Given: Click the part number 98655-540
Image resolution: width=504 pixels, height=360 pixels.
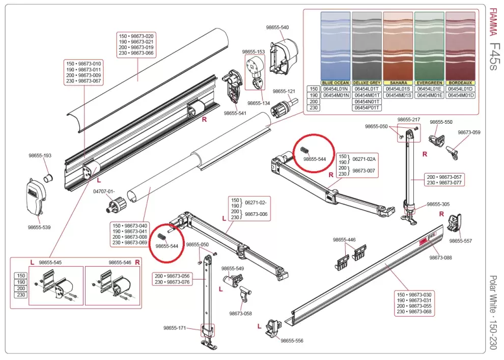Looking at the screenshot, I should click(277, 27).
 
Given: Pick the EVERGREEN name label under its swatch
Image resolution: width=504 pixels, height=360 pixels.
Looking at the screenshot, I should click(429, 82).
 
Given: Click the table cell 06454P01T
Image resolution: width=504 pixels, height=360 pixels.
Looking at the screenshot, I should click(367, 107).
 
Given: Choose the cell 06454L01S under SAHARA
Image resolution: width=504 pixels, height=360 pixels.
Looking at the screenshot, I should click(398, 89).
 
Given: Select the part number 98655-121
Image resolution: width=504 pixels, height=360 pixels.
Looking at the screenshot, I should click(284, 91).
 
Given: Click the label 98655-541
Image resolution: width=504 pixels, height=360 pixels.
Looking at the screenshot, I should click(235, 113).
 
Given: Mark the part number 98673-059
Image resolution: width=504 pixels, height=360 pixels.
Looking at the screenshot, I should click(468, 132).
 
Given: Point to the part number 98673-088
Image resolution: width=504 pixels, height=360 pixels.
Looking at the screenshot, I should click(440, 258).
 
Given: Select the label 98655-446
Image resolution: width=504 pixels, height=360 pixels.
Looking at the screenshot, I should click(344, 239).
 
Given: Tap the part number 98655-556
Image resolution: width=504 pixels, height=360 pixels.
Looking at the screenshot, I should click(292, 340).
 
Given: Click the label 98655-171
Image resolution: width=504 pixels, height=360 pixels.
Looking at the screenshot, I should click(175, 328).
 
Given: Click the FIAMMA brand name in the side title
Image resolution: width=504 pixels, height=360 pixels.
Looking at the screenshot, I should click(492, 23).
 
